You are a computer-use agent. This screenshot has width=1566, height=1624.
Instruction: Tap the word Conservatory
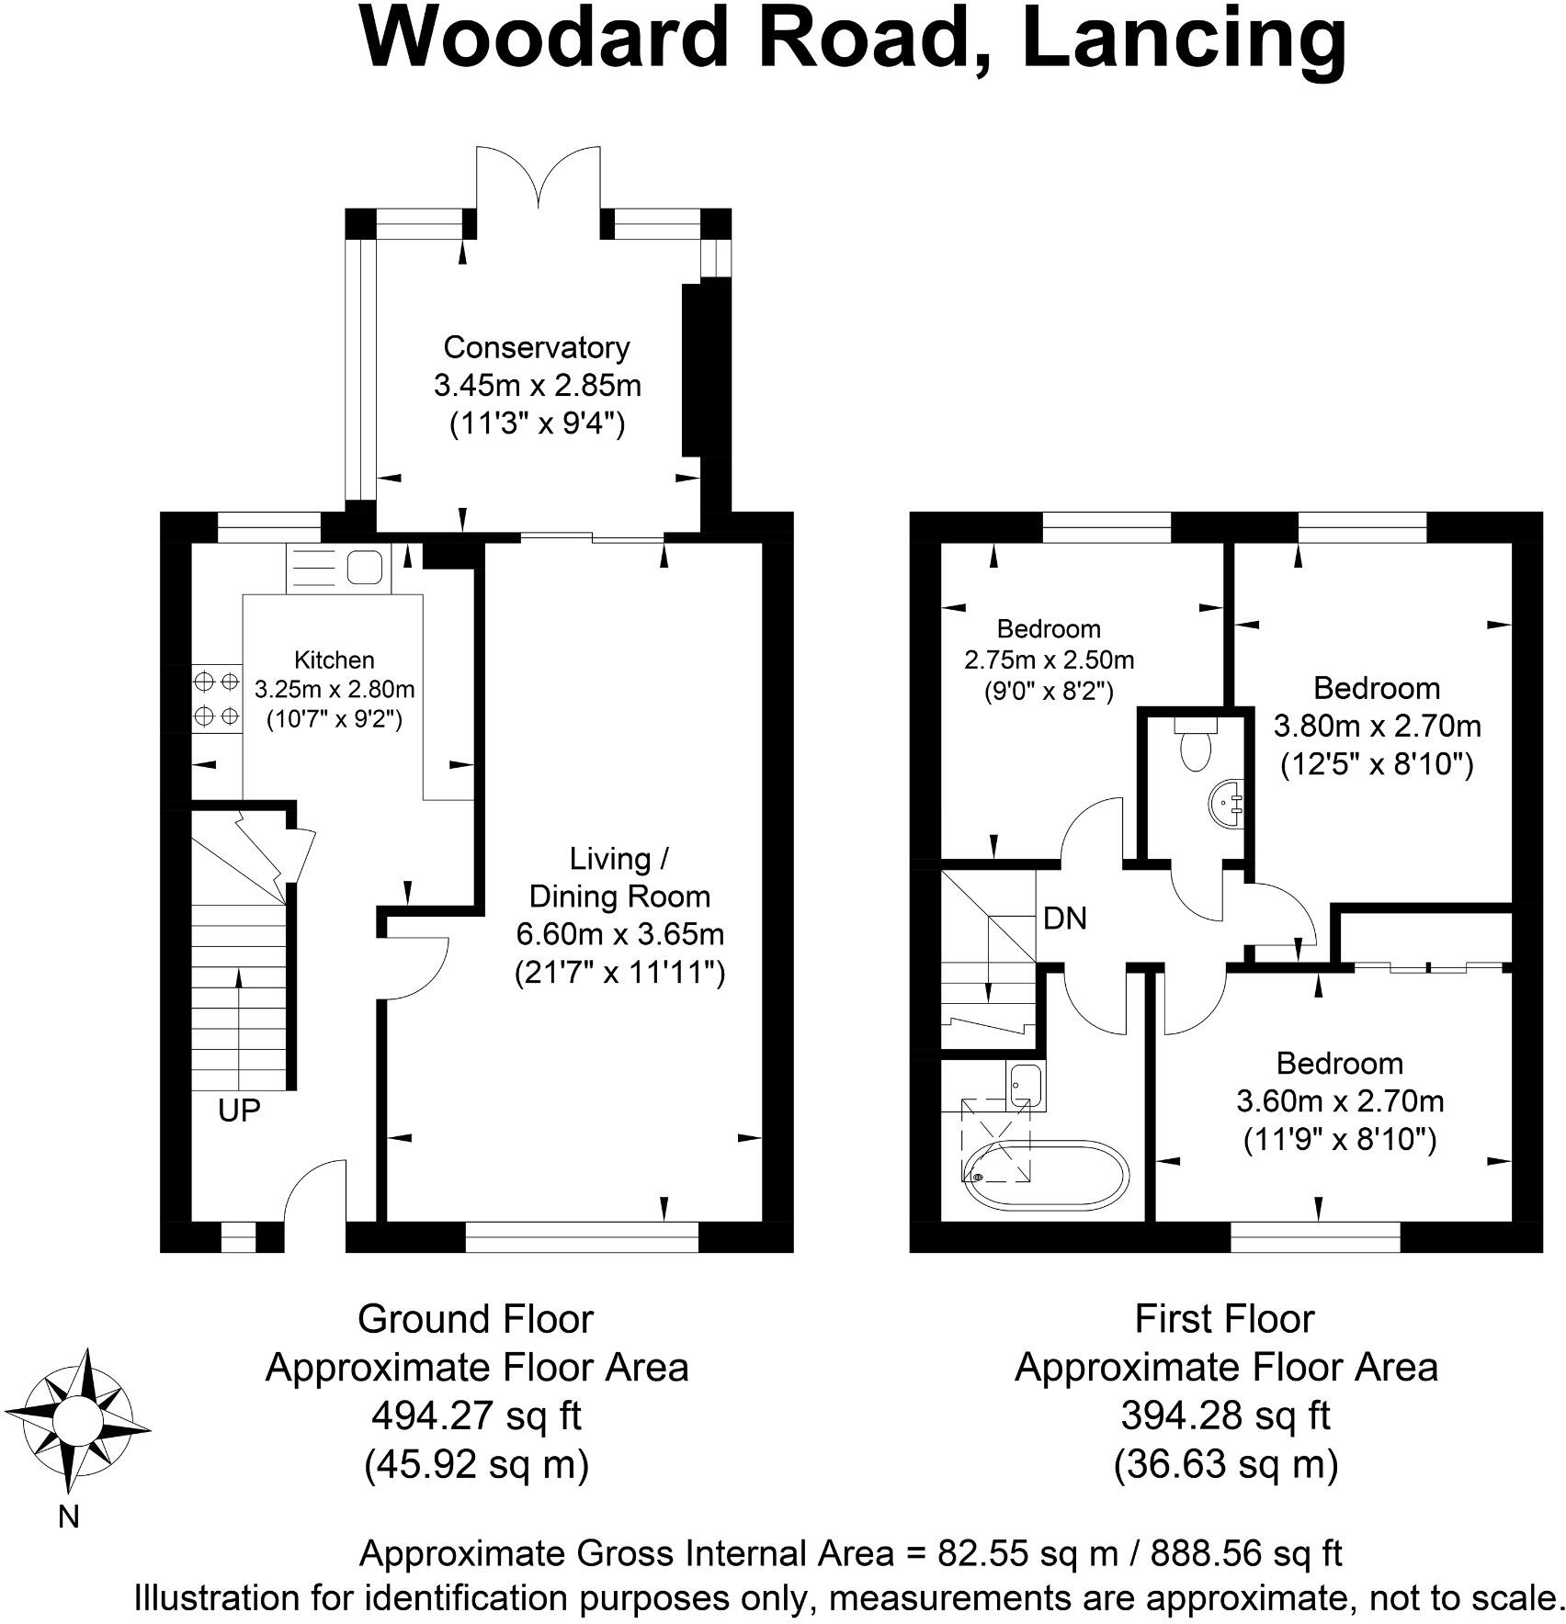pyautogui.click(x=537, y=347)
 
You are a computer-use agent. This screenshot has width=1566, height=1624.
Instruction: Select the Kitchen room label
pyautogui.click(x=334, y=660)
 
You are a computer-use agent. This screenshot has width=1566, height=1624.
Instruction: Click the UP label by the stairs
pyautogui.click(x=239, y=1111)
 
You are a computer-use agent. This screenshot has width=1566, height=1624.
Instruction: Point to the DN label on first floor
pyautogui.click(x=1065, y=918)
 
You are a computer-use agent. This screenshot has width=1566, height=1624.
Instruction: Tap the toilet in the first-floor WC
pyautogui.click(x=1196, y=746)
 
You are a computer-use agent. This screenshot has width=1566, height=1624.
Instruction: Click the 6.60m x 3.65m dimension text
pyautogui.click(x=619, y=934)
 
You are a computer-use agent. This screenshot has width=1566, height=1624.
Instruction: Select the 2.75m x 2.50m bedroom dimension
pyautogui.click(x=1049, y=660)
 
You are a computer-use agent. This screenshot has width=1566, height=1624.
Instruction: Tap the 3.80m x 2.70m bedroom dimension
pyautogui.click(x=1377, y=726)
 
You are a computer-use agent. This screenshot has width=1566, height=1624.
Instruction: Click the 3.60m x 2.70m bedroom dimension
pyautogui.click(x=1340, y=1100)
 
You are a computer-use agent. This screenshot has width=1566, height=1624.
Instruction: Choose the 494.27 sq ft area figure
pyautogui.click(x=476, y=1415)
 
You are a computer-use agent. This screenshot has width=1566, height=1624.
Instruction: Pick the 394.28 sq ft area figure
pyautogui.click(x=1225, y=1415)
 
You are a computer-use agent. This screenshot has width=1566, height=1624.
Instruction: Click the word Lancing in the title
pyautogui.click(x=1184, y=39)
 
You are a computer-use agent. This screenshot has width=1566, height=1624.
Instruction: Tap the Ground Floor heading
pyautogui.click(x=476, y=1319)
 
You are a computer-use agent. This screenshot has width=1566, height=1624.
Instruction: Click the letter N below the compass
pyautogui.click(x=69, y=1517)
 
